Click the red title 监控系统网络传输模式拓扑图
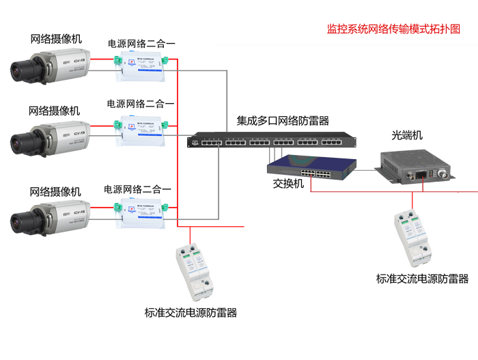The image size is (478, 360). (x=393, y=29)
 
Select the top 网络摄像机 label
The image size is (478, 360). (x=56, y=39)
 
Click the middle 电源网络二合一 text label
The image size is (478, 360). (x=141, y=105)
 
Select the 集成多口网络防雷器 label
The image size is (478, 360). (x=283, y=121)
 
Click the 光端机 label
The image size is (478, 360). (x=408, y=135)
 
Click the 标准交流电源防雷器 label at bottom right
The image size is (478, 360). (x=423, y=279)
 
